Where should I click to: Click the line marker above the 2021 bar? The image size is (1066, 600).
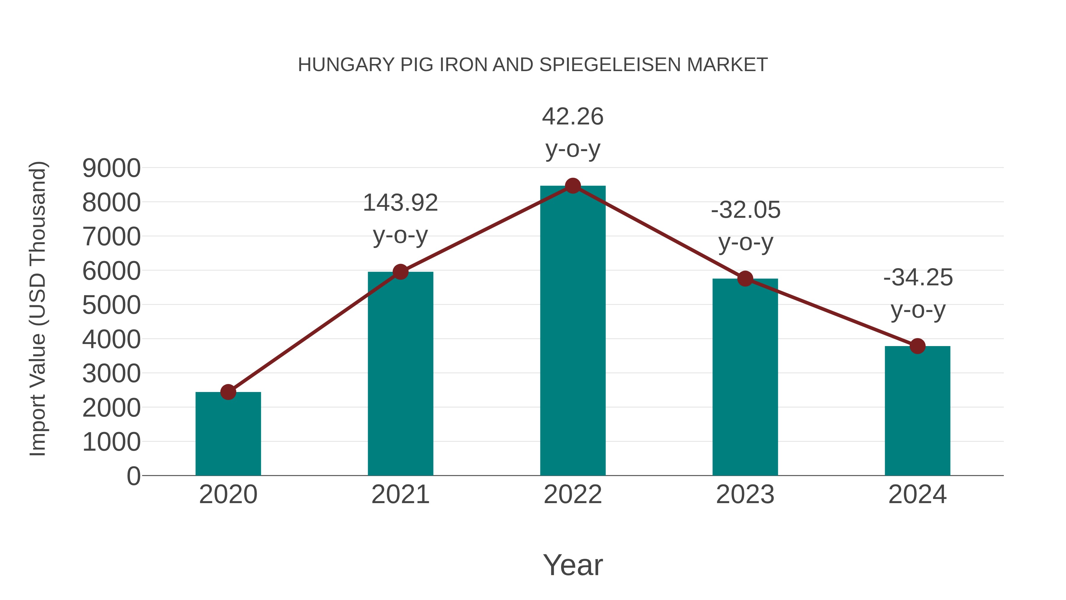[400, 272]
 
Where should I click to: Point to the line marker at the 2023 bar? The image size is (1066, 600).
[745, 279]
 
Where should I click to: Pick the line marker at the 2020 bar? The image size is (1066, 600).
[228, 392]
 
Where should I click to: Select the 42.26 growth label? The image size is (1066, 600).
[573, 132]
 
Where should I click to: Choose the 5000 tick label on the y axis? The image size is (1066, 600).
[111, 305]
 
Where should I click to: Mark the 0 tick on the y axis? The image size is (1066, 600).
[134, 476]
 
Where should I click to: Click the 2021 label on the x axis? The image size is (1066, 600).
[400, 495]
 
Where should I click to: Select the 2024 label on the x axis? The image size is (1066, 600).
[917, 495]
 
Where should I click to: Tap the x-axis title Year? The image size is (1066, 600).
[573, 565]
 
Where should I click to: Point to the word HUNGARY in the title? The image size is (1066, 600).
[346, 65]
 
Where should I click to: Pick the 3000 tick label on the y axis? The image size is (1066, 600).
[111, 374]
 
